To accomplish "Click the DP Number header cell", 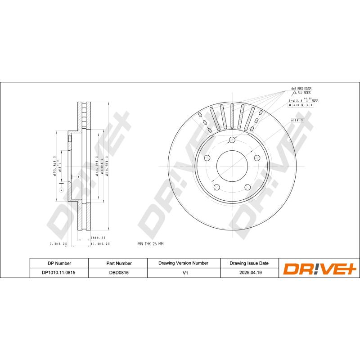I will pos(59,263).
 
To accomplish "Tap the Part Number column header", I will pos(119,263).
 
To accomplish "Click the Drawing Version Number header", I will pos(183,263).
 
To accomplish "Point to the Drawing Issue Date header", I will pos(249,263).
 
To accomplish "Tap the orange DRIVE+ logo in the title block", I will pos(319,268).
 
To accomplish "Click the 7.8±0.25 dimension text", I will pos(58,244).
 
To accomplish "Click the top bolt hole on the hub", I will pos(232,139).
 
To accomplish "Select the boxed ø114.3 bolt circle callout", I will pos(297,121).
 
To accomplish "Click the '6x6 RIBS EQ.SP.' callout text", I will pos(301,89).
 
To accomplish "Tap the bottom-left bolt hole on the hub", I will pos(216,187).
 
